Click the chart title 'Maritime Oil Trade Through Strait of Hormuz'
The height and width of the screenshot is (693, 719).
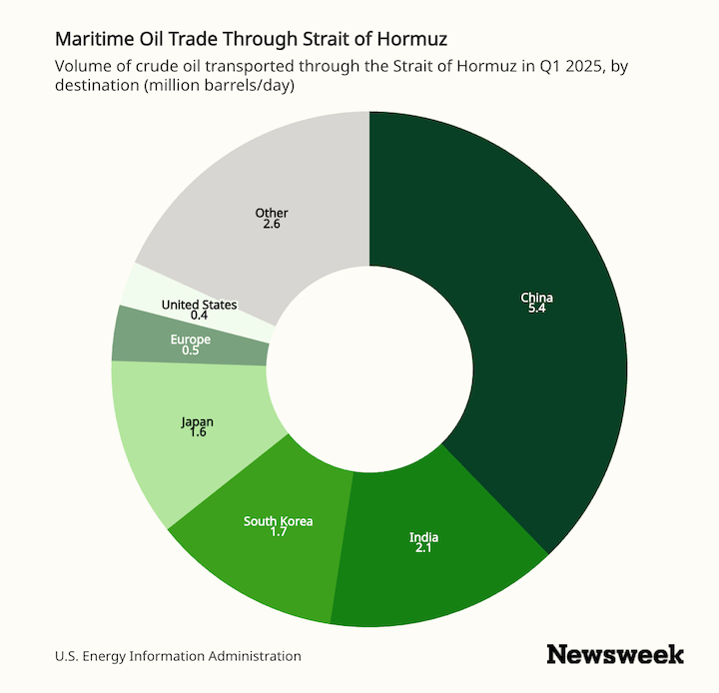[252, 40]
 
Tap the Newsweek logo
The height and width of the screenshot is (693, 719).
[615, 655]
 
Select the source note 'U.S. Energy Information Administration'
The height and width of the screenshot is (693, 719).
[178, 656]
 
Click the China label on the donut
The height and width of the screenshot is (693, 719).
[536, 298]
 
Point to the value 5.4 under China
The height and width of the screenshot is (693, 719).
[536, 310]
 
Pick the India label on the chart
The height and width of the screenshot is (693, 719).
[423, 538]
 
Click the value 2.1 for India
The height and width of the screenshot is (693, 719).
[423, 550]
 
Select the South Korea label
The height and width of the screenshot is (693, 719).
[278, 521]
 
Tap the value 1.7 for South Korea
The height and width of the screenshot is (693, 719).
[278, 533]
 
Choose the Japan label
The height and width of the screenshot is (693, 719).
[197, 422]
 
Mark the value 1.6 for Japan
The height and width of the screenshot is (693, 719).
[197, 434]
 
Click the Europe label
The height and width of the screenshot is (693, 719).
[190, 340]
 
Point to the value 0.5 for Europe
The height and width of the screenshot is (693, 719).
[190, 351]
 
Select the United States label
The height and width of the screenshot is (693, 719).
[199, 304]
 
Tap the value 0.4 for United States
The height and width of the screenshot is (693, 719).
[199, 316]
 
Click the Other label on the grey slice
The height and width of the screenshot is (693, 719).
[271, 213]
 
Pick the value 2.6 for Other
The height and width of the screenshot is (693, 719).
[271, 225]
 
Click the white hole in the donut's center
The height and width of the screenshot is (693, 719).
[369, 368]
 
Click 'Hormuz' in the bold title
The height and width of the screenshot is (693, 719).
[412, 40]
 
